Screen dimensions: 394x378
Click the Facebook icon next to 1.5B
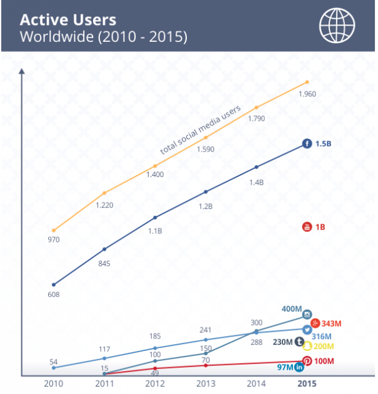(307, 144)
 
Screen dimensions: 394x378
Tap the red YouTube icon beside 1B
(307, 227)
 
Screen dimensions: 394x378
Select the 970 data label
(53, 241)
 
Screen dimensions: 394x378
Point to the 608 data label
(53, 294)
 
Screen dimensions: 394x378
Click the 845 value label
(104, 264)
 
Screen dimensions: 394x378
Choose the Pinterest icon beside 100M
(307, 362)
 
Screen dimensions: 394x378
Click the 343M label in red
(331, 323)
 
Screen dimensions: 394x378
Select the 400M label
(292, 309)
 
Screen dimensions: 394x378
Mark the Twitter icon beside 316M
(307, 330)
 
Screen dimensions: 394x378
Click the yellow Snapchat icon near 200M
(307, 346)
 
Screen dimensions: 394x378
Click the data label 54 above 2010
(53, 362)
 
